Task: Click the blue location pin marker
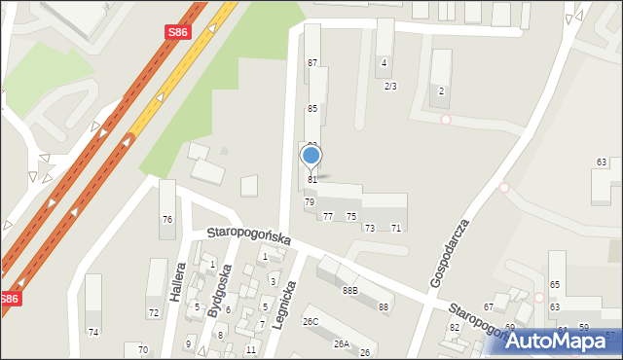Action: [x=311, y=157]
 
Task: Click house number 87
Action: [x=312, y=63]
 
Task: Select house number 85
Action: [x=312, y=108]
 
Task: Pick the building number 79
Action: [x=310, y=201]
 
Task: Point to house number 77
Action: [x=328, y=216]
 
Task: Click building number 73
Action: [x=369, y=228]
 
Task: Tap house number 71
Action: [x=395, y=228]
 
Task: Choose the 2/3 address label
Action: [x=390, y=87]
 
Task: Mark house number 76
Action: [x=166, y=220]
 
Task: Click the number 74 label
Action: [x=93, y=333]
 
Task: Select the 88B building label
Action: [x=349, y=290]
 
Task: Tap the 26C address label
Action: [x=311, y=321]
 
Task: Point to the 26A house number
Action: [x=341, y=343]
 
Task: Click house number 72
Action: [x=153, y=313]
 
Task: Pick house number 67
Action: [x=489, y=307]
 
